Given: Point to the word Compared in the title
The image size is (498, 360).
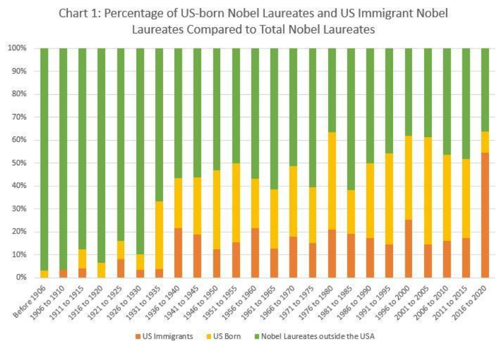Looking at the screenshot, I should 246,29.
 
